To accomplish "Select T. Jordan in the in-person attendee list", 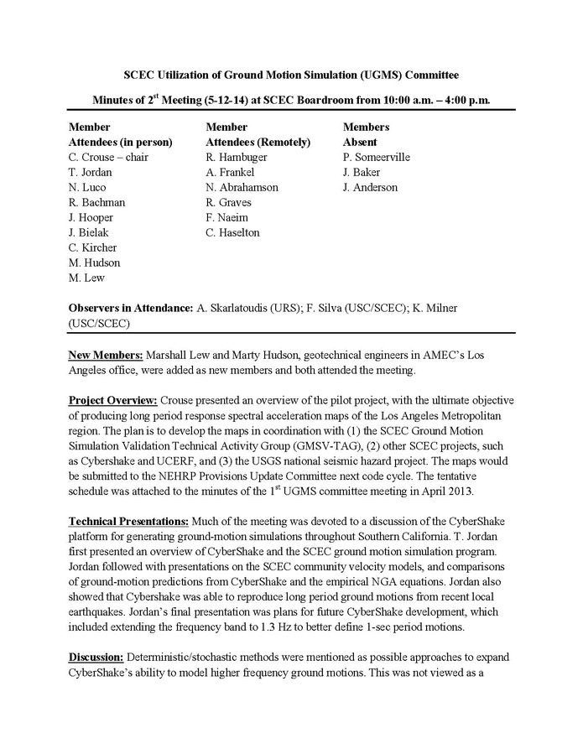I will point(89,172).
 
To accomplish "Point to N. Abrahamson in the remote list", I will point(242,187).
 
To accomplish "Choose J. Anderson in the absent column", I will point(370,187).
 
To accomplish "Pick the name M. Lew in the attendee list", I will point(86,278).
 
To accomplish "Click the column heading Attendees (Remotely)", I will point(258,142).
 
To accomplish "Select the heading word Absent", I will point(360,142).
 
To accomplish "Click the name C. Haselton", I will point(232,232).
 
